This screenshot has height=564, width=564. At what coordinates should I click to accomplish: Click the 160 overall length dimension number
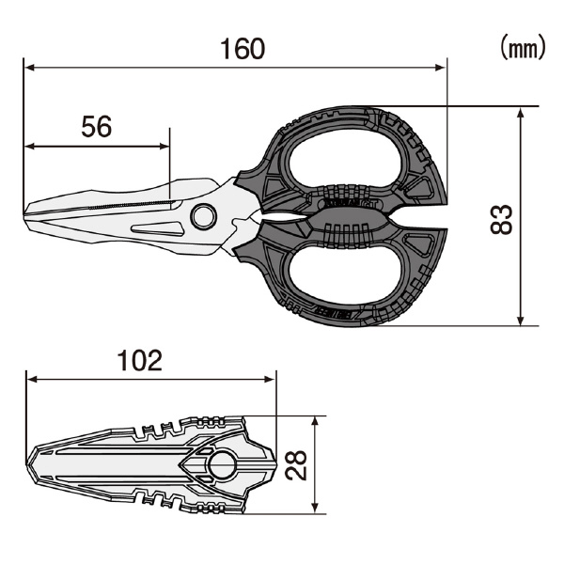(243, 49)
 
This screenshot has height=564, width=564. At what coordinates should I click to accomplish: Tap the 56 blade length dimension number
(97, 127)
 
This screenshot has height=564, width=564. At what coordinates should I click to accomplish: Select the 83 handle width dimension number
(501, 219)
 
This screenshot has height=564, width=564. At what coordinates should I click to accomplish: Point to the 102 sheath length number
(140, 360)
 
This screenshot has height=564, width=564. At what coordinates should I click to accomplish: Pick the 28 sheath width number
(296, 465)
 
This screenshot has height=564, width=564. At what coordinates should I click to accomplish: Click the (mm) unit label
(524, 47)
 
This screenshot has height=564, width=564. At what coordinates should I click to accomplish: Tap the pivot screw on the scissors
(204, 217)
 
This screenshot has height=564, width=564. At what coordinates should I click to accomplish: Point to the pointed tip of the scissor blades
(24, 214)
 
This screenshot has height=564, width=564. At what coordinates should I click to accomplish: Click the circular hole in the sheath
(222, 465)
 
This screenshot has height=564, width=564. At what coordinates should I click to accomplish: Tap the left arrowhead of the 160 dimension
(29, 68)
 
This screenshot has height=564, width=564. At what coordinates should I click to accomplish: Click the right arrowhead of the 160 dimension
(441, 68)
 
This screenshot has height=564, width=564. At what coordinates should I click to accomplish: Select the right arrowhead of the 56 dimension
(164, 146)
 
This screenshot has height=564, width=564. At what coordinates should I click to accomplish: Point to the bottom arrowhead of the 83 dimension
(521, 321)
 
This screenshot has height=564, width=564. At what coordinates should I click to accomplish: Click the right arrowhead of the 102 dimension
(270, 379)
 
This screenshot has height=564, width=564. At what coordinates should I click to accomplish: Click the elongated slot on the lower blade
(158, 228)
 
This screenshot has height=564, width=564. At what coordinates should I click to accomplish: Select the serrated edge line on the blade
(131, 205)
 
